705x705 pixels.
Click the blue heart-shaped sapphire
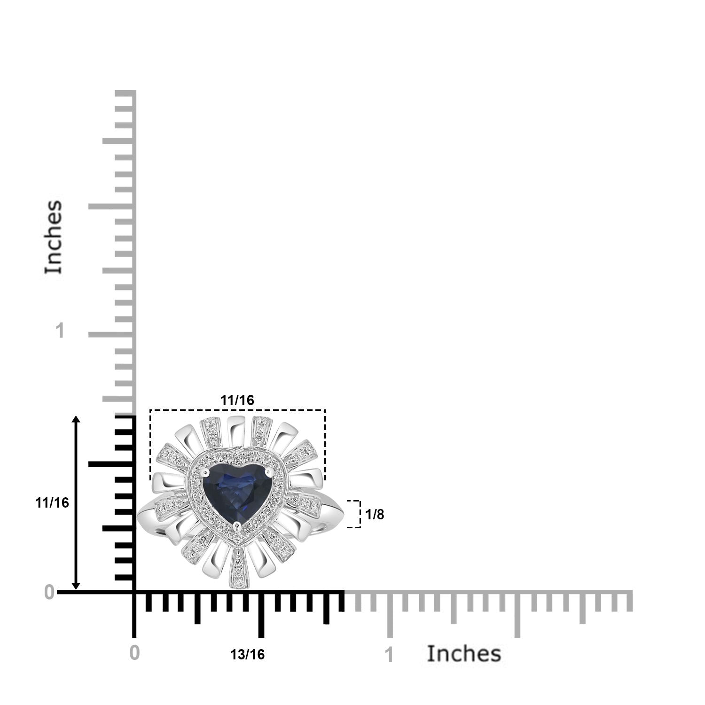(x=237, y=491)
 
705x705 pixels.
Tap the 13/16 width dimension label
(x=247, y=654)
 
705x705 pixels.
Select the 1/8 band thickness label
(x=375, y=515)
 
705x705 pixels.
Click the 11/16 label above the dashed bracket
(x=237, y=400)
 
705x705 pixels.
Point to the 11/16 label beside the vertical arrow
(x=52, y=503)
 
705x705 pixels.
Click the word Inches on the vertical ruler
(x=54, y=237)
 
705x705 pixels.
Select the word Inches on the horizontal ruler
(x=464, y=653)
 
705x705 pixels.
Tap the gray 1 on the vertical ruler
(x=59, y=331)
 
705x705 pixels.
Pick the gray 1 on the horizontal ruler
(x=389, y=655)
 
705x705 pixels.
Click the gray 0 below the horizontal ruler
(x=134, y=653)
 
